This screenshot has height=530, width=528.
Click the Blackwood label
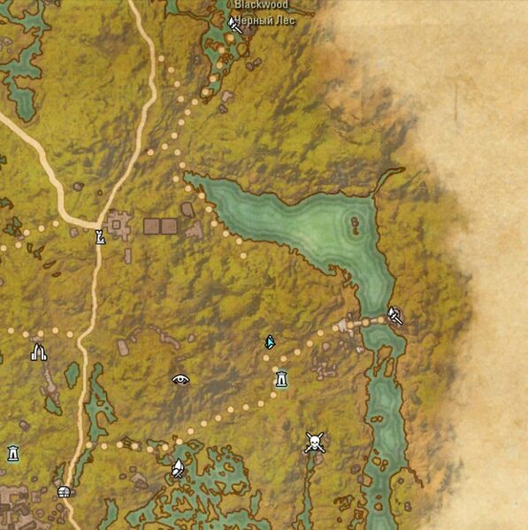coord(255,5)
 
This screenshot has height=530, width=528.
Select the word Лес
coord(285,20)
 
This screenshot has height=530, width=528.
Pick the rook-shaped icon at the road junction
coord(100,236)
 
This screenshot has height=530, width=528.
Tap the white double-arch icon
coord(38,352)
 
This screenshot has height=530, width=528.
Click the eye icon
coord(180,380)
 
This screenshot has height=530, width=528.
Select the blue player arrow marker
coord(270,342)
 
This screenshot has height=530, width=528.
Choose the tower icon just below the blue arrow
coord(281,380)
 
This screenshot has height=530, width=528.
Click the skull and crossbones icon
coord(313,442)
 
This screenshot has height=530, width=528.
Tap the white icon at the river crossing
coord(394,314)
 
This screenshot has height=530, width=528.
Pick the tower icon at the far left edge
coord(12,453)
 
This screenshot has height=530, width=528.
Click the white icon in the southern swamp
coord(178,468)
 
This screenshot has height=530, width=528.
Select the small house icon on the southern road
coord(64,492)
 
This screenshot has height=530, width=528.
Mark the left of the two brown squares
coord(151,227)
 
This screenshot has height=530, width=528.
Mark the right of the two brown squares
coord(168,227)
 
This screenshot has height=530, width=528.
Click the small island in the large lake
coord(356,223)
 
